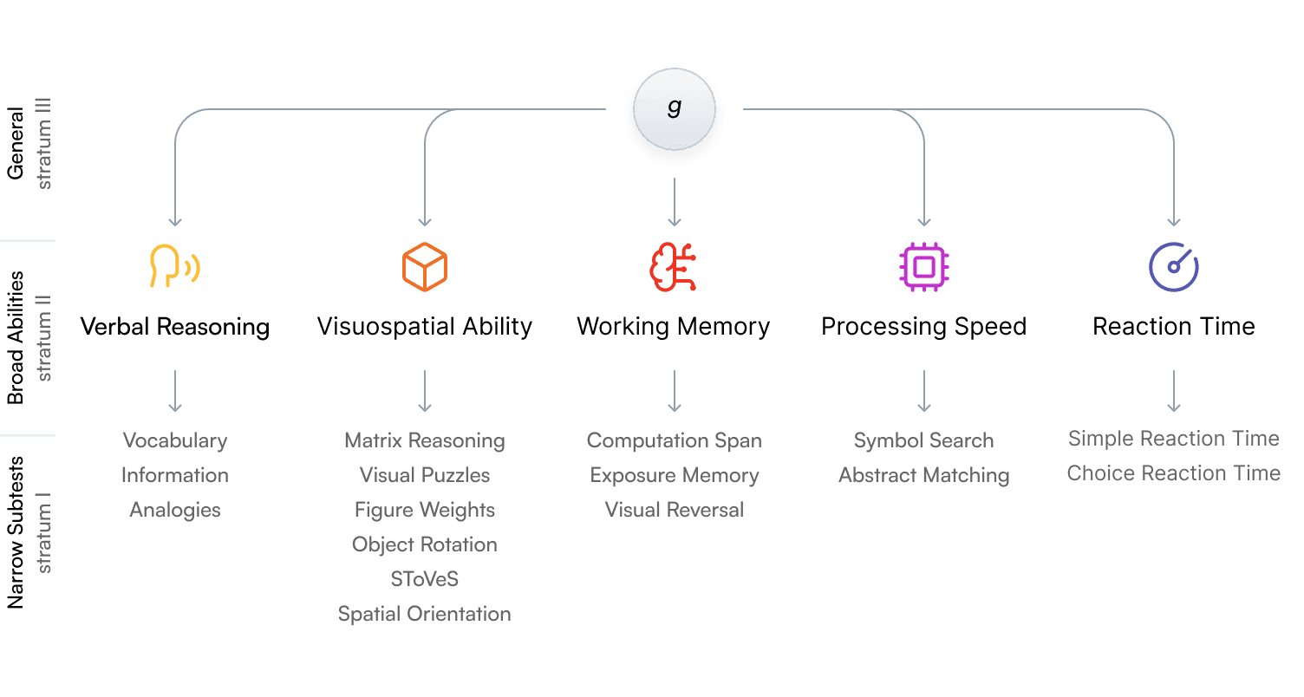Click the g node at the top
tap(674, 108)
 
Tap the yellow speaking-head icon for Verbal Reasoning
tap(174, 265)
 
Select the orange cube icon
tap(424, 266)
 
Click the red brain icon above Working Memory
tap(674, 266)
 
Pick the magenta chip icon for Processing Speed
tap(923, 266)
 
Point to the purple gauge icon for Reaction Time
tap(1173, 266)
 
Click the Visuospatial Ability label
tap(424, 327)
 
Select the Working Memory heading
tap(674, 327)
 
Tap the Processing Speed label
tap(923, 327)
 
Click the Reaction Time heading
tap(1173, 327)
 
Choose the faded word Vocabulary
tap(174, 440)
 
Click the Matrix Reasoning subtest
tap(424, 440)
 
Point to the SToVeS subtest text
tap(424, 579)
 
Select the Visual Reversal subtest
tap(674, 510)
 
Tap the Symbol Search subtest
tap(923, 440)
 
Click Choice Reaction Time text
tap(1173, 473)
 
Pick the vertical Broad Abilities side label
tap(16, 338)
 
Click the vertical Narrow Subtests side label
tap(16, 532)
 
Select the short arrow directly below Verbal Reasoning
tap(174, 391)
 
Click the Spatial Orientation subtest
tap(424, 614)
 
